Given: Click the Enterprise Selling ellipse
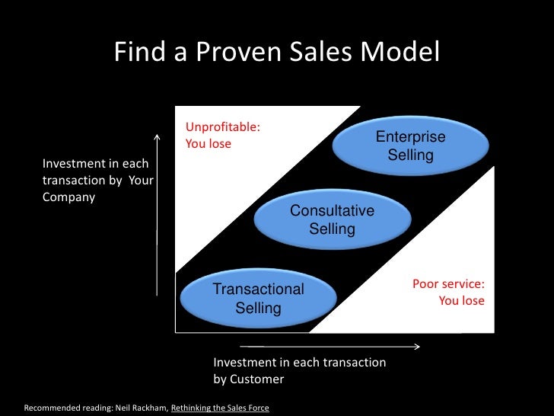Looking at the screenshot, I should tap(410, 146).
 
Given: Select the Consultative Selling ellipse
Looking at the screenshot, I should tap(332, 220).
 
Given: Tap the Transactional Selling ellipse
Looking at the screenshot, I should tap(258, 299).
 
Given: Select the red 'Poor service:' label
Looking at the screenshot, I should tap(448, 284).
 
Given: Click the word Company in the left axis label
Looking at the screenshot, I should tap(68, 197).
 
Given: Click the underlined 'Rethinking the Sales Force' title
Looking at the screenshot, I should tap(220, 408).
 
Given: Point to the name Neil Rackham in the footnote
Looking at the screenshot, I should tap(141, 408).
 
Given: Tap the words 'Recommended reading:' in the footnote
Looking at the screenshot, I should tap(68, 408).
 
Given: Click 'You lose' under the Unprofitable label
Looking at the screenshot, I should tap(209, 143).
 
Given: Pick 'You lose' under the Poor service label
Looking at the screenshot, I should tap(461, 300).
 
